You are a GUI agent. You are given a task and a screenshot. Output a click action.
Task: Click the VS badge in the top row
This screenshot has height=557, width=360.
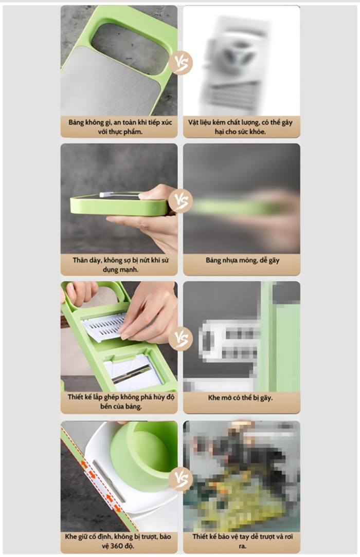click(181, 63)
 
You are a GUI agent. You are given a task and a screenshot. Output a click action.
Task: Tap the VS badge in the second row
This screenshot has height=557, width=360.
click(181, 201)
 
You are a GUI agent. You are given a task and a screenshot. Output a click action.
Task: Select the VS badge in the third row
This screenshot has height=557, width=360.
click(181, 339)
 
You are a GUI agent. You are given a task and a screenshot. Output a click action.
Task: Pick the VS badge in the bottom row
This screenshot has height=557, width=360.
click(181, 478)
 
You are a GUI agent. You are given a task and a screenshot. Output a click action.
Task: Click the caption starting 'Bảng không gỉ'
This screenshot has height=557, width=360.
click(120, 127)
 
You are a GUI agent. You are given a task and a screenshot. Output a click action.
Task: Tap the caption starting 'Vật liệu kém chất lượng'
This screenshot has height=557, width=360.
click(240, 127)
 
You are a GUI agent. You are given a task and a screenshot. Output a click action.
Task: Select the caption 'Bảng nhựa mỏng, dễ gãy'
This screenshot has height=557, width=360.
click(242, 261)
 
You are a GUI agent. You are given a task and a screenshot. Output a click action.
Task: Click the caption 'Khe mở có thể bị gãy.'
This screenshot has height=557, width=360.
click(240, 398)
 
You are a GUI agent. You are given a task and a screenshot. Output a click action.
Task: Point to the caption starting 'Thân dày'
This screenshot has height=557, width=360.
click(120, 265)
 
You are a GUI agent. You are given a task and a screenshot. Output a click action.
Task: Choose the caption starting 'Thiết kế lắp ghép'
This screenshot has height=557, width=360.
click(121, 401)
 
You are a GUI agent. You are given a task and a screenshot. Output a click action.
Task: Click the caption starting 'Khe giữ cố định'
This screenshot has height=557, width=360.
click(118, 541)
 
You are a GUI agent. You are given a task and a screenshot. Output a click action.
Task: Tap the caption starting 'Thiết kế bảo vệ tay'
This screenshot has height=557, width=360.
click(242, 541)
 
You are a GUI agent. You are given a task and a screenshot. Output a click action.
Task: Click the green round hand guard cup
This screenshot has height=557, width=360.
click(144, 456)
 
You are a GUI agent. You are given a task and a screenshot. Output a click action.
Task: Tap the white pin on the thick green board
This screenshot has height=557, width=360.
click(106, 194)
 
